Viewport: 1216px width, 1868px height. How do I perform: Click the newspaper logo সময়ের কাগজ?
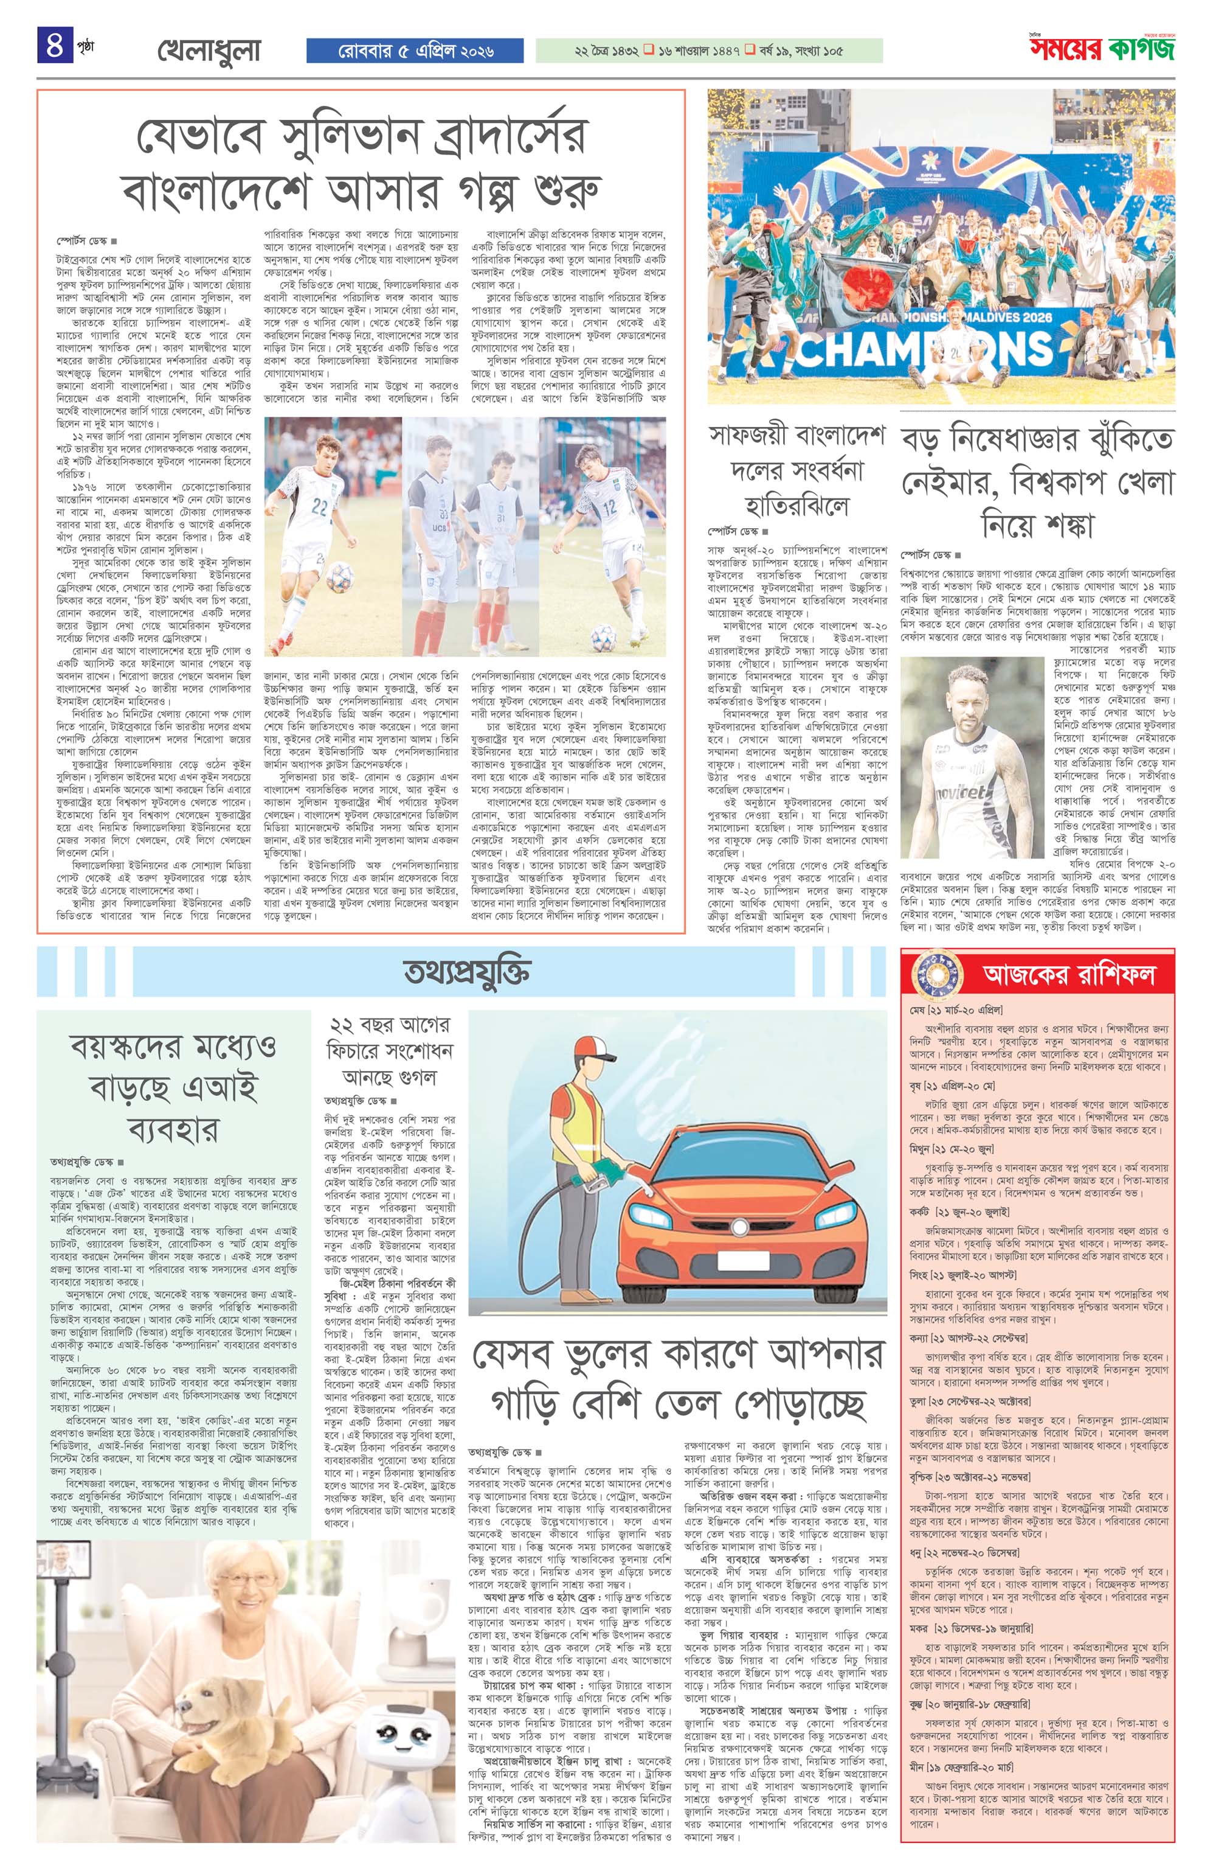(1102, 49)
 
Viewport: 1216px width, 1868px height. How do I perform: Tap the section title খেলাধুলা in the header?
(208, 51)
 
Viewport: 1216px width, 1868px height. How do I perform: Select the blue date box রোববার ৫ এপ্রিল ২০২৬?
(415, 51)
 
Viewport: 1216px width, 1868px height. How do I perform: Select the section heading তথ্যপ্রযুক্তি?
(467, 972)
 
